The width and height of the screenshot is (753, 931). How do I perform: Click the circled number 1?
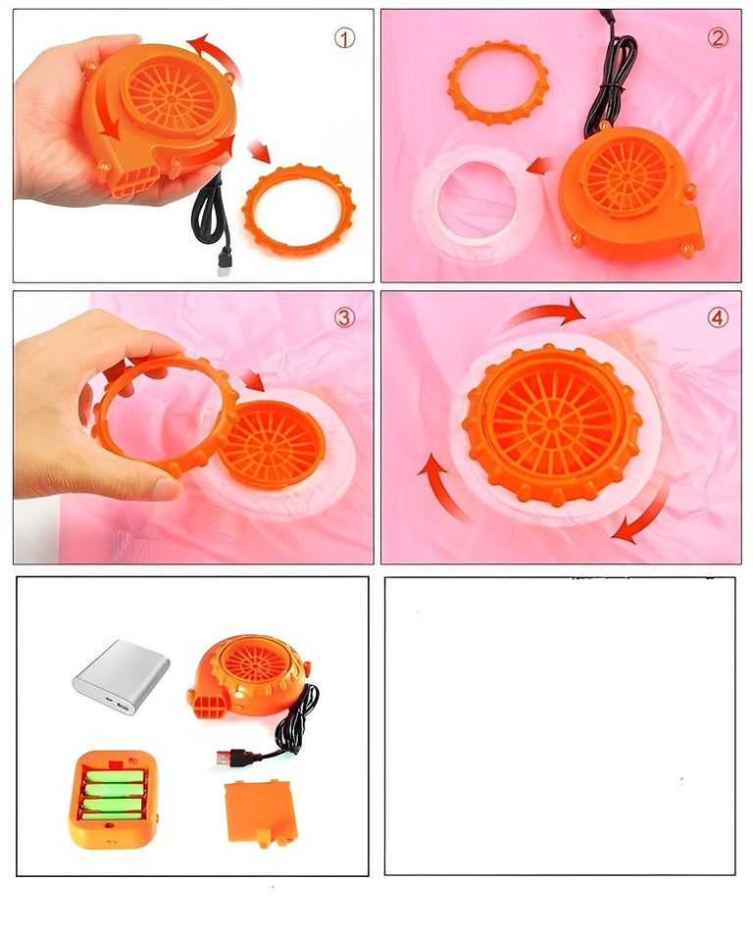pyautogui.click(x=344, y=38)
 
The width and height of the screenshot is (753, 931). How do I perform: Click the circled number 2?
pyautogui.click(x=718, y=38)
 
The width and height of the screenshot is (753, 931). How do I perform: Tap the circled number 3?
pyautogui.click(x=344, y=318)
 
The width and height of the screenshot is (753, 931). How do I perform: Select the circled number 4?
pyautogui.click(x=718, y=318)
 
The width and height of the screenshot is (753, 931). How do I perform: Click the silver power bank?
pyautogui.click(x=122, y=676)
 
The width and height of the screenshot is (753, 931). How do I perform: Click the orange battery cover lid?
pyautogui.click(x=261, y=812)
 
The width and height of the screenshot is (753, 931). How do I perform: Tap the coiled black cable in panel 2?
pyautogui.click(x=610, y=77)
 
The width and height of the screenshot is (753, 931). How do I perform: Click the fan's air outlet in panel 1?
pyautogui.click(x=135, y=180)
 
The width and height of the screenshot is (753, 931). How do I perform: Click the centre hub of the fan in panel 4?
pyautogui.click(x=552, y=423)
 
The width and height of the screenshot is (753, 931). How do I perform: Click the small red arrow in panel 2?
pyautogui.click(x=539, y=167)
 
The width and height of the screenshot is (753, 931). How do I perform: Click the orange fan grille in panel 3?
pyautogui.click(x=272, y=443)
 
